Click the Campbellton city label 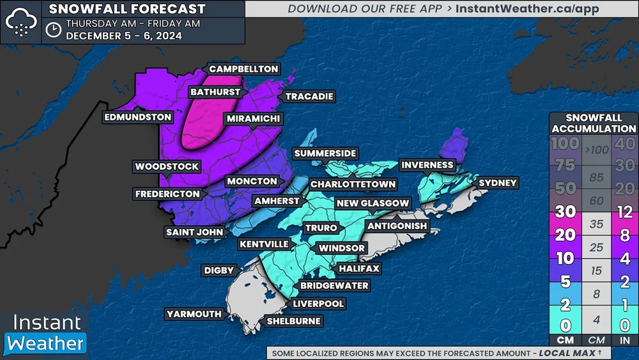coord(243,69)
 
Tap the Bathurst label coord(215,92)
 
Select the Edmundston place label coord(139,117)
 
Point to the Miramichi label coord(253,119)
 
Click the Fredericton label coord(167,194)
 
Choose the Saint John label coord(194,232)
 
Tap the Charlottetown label coord(353,184)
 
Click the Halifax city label coord(359,269)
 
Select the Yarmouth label coord(194,314)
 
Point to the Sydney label coord(497,183)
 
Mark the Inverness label coord(427,165)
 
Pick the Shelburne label coord(294,321)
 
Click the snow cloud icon coord(21,22)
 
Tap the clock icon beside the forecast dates coord(54,29)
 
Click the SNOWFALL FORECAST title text coord(127,9)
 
